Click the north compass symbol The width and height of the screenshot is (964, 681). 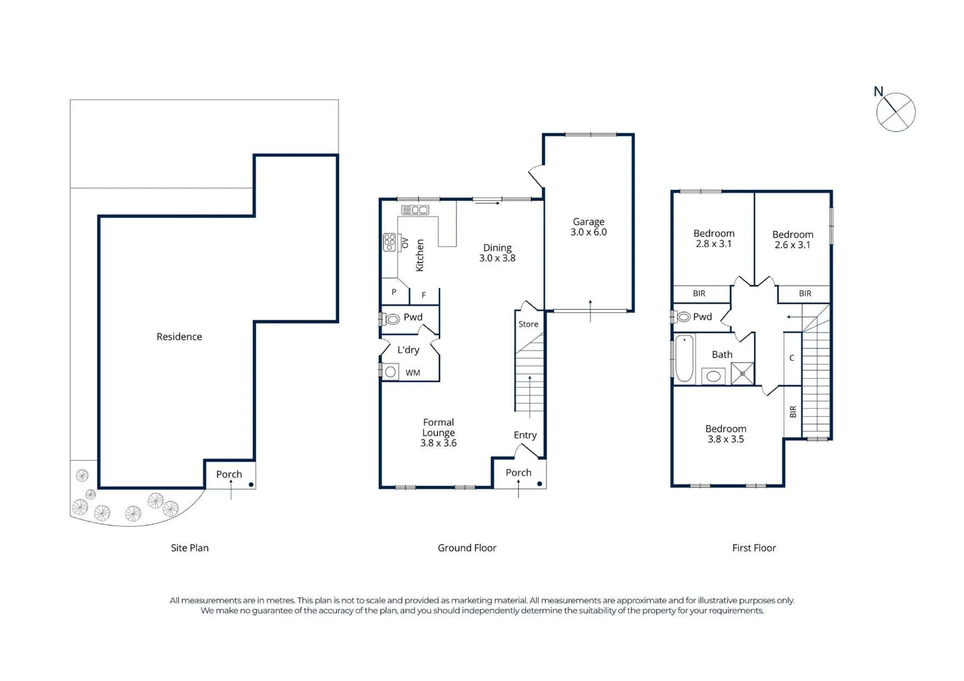(895, 112)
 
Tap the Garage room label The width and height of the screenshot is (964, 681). (588, 227)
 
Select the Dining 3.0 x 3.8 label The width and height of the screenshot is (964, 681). (497, 253)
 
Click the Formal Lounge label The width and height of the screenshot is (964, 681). (438, 433)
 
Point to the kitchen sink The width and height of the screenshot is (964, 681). (415, 210)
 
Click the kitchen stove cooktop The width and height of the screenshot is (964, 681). (390, 242)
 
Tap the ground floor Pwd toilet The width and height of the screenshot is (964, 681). (392, 319)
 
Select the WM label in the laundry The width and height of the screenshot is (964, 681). (412, 373)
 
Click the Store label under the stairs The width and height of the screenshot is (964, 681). (528, 324)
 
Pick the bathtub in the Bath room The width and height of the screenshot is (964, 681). (685, 358)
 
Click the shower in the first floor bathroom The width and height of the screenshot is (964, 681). (742, 373)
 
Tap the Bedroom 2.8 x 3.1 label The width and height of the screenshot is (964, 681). (714, 238)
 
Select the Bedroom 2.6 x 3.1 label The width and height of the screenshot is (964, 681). (793, 240)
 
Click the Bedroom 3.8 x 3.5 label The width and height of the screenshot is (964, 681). (726, 434)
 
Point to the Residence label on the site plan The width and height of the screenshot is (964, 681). (179, 337)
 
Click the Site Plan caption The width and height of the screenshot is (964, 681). (189, 548)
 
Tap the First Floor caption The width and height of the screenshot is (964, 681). (753, 548)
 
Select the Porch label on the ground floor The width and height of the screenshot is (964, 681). (518, 472)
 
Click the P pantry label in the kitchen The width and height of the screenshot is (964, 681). (394, 292)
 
